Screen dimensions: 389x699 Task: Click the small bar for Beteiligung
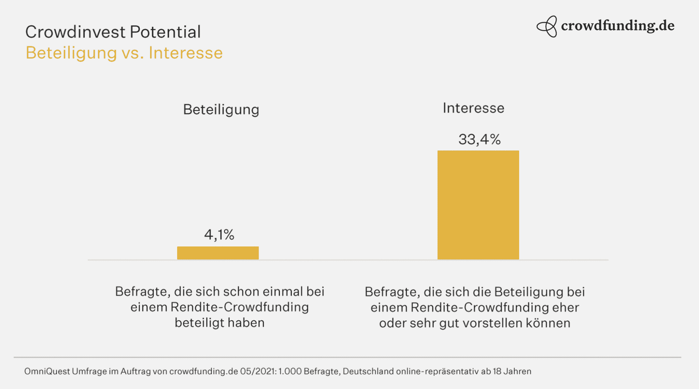click(218, 253)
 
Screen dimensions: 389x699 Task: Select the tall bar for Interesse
click(478, 205)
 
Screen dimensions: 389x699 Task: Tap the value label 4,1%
click(219, 235)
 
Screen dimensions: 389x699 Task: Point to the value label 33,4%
click(479, 139)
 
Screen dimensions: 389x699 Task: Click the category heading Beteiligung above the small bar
click(221, 110)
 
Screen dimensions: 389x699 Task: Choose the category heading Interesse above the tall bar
click(473, 108)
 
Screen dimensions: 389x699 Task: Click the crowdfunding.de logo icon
click(547, 26)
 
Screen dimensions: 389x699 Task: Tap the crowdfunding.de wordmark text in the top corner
click(617, 26)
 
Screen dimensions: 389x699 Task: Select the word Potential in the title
click(165, 32)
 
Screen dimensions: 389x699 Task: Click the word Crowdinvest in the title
click(75, 32)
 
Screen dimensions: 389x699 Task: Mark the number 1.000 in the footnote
click(290, 371)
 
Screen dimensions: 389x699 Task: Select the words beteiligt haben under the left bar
click(219, 323)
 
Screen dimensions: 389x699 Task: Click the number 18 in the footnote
click(497, 371)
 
